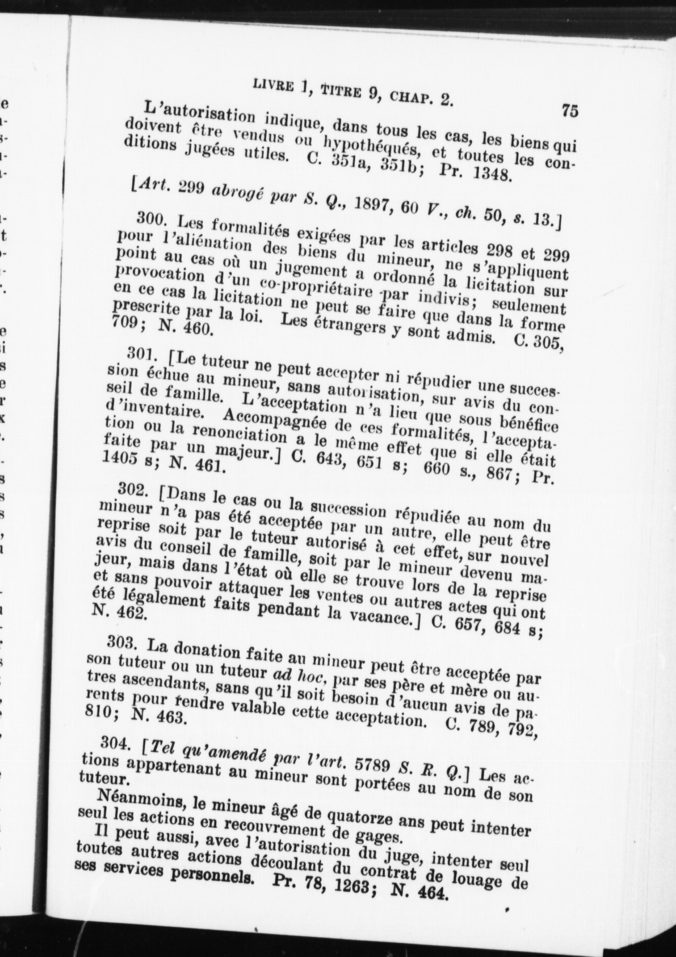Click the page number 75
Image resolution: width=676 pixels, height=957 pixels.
tap(569, 110)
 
